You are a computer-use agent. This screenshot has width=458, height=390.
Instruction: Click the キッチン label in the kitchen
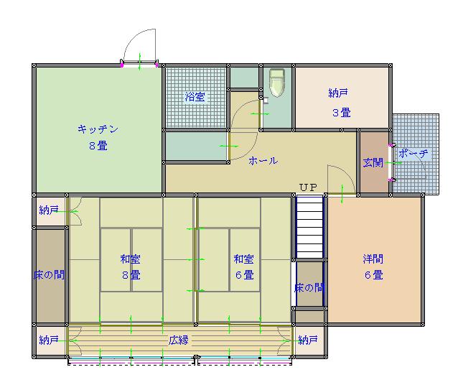[x=98, y=129]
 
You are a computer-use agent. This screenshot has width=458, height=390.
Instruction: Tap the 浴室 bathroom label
[x=195, y=97]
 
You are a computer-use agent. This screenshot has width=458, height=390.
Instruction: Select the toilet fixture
[x=277, y=83]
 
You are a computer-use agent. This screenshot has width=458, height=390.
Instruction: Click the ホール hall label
[x=263, y=160]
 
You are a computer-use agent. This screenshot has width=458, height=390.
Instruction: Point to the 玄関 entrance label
[x=373, y=162]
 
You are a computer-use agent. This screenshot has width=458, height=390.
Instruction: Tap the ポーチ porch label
[x=413, y=153]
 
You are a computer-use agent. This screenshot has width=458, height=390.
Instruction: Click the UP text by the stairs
[x=308, y=187]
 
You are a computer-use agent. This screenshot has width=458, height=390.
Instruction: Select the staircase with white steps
[x=309, y=227]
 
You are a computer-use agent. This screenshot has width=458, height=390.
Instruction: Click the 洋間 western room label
[x=373, y=259]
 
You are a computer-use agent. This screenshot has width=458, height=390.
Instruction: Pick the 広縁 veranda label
[x=179, y=340]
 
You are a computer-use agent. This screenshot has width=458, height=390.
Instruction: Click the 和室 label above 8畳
[x=130, y=259]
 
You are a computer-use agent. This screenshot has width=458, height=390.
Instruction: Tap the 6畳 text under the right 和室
[x=245, y=275]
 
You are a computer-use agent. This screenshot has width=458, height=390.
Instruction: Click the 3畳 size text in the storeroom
[x=342, y=113]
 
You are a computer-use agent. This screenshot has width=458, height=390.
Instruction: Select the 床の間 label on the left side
[x=49, y=274]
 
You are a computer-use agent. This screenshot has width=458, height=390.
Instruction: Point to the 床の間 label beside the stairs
[x=309, y=288]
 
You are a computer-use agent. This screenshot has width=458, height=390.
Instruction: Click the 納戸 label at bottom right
[x=308, y=340]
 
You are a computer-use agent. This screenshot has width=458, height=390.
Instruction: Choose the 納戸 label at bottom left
[x=49, y=340]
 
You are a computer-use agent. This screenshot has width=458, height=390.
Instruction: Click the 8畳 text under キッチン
[x=98, y=145]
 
